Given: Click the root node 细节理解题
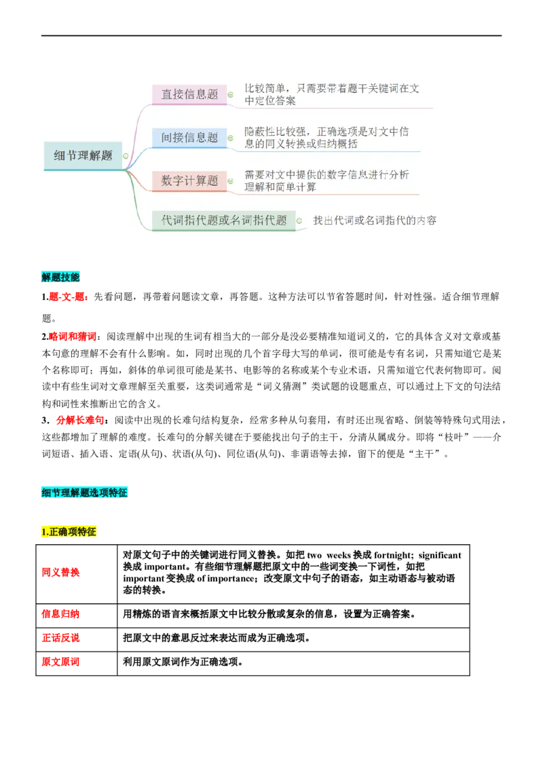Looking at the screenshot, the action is (x=83, y=155).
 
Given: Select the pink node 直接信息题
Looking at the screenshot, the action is (x=189, y=95).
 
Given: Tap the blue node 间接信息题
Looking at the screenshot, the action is (x=189, y=138).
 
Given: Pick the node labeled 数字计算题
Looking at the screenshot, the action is (x=189, y=180).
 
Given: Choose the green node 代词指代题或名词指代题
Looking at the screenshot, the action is (x=224, y=220).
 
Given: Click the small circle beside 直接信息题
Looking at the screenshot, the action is (x=230, y=95).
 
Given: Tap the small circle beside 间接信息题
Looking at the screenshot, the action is (x=230, y=138).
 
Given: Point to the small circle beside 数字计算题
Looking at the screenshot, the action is (x=230, y=180).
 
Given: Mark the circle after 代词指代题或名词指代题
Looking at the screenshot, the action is (x=299, y=220).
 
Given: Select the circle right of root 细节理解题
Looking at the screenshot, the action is (x=126, y=156).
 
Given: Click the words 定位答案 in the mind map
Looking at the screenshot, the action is (x=275, y=101).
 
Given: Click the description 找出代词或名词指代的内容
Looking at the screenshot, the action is (x=374, y=220).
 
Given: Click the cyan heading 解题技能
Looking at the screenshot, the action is (x=60, y=277).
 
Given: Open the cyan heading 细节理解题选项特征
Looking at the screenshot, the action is (x=84, y=493).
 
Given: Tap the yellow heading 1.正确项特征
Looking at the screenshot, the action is (x=68, y=532).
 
